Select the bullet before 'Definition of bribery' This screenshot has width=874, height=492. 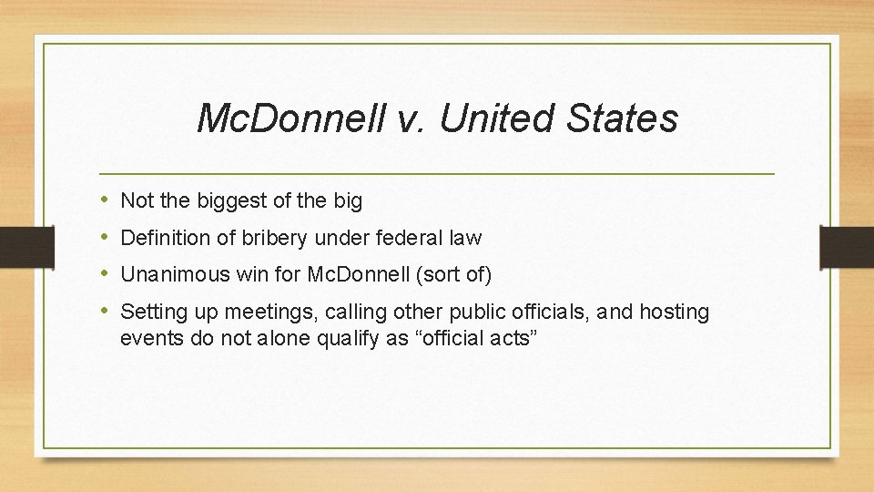coord(106,238)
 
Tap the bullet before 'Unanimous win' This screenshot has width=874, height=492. coord(106,274)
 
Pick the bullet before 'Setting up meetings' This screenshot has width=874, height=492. coord(106,312)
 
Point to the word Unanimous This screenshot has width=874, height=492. coord(165,274)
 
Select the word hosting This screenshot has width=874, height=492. coord(674,312)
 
